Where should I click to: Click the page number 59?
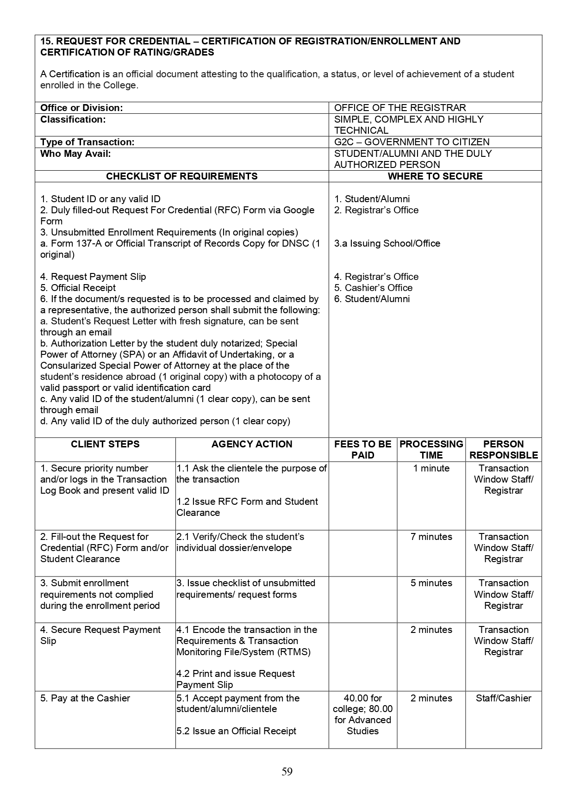tap(287, 771)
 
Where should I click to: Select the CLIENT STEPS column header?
tap(105, 444)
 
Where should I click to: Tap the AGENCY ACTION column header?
tap(252, 444)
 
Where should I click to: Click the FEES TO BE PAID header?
tap(362, 449)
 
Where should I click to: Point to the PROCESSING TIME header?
tap(431, 449)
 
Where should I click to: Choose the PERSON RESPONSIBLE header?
tap(503, 449)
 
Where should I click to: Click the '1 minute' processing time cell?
tap(431, 468)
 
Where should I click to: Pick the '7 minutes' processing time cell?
tap(431, 537)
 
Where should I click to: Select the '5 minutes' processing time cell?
tap(431, 583)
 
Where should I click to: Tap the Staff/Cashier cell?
tap(503, 698)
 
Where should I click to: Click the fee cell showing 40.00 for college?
tap(362, 714)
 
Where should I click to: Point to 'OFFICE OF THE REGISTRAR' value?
tap(400, 108)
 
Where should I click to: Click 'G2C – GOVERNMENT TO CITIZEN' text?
tap(412, 142)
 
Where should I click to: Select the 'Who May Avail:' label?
tap(75, 154)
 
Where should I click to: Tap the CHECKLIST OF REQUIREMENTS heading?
tap(181, 176)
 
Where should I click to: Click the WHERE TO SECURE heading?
tap(435, 176)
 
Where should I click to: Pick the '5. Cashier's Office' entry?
tap(373, 288)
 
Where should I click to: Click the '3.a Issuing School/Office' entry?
tap(387, 243)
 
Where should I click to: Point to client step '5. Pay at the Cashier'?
tap(85, 698)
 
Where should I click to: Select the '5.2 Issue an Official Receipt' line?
tap(236, 731)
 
